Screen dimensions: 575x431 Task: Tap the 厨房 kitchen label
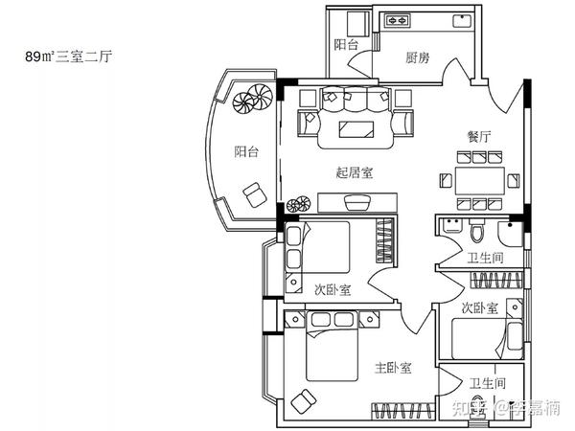(x=417, y=57)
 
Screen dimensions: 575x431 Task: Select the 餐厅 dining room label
(x=479, y=137)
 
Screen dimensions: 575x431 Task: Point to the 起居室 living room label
(x=355, y=172)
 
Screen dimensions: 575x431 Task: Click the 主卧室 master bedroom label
(x=393, y=367)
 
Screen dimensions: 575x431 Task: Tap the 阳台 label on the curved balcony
(x=246, y=151)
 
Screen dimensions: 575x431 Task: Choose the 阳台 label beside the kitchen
(x=346, y=45)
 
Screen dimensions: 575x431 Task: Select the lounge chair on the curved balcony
(x=255, y=195)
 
